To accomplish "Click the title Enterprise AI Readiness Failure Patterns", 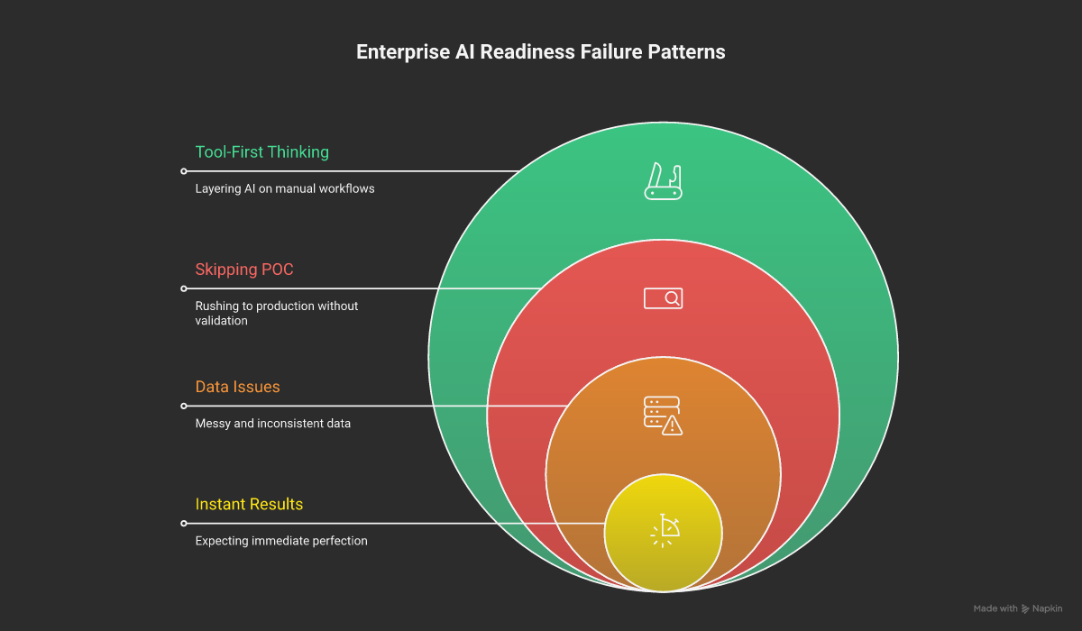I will [540, 52].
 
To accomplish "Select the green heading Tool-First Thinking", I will [262, 152].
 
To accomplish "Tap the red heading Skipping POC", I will [244, 270].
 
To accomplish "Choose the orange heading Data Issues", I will [238, 387].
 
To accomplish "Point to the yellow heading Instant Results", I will [250, 504].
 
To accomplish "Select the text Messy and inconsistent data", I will [273, 424].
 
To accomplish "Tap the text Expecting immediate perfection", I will [281, 541].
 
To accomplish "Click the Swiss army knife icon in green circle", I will [664, 180].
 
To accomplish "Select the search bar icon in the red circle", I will [664, 297].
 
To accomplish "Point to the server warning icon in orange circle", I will [663, 415].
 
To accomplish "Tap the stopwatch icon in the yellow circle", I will [664, 531].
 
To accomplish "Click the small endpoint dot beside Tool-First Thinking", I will [184, 171].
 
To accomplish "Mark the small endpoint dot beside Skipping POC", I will [184, 288].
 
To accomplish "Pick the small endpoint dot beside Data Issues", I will [184, 406].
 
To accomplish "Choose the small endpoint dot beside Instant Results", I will [184, 523].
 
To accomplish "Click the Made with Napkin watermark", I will [1018, 609].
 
